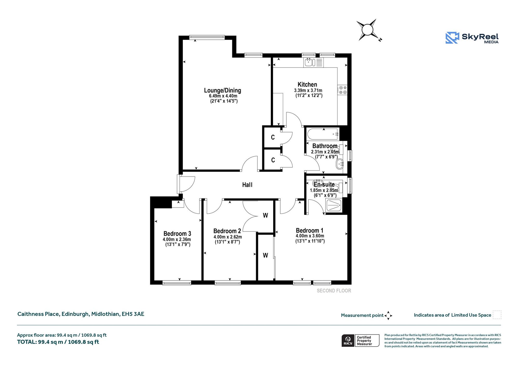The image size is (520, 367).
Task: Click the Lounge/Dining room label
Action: pos(223,90)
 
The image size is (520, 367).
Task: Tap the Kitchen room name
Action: pos(307,84)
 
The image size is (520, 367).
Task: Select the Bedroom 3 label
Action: pos(177,233)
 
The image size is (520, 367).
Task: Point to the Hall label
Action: pos(247,185)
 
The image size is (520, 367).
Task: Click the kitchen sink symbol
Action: pos(313,62)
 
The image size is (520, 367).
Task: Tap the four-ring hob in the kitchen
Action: pos(342,90)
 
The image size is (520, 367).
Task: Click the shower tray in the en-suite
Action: pos(334,205)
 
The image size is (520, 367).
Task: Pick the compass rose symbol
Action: pos(367,30)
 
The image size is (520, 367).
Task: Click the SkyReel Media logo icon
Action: pos(452,38)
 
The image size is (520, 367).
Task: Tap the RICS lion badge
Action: pos(348,341)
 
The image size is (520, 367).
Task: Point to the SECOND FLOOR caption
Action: pos(334,291)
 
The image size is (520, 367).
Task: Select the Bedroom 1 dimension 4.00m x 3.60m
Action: pos(310,236)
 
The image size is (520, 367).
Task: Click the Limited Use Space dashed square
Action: pos(497,315)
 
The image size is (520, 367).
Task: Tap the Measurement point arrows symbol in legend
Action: pos(388,316)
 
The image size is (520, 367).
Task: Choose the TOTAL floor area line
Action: pos(58,342)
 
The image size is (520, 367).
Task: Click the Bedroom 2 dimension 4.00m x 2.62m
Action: pos(228,237)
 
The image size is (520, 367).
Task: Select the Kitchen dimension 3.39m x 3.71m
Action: pos(308,90)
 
